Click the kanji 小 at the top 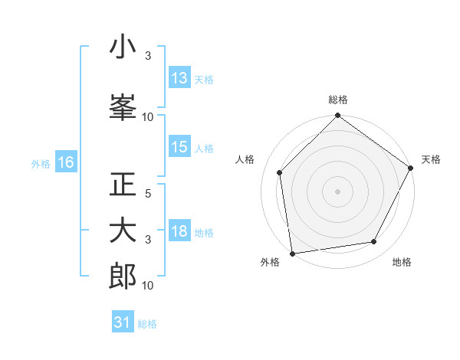[123, 47]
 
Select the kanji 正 [123, 185]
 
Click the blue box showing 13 [179, 78]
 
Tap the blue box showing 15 [179, 148]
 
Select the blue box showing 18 [179, 232]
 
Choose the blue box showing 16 [65, 162]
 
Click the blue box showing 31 [123, 322]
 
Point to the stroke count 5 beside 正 [148, 194]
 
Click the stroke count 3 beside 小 [148, 56]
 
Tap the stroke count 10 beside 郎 [148, 285]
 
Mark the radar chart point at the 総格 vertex [337, 116]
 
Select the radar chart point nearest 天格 [411, 169]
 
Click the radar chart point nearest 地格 [374, 242]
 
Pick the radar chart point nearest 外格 [292, 253]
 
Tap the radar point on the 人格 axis [280, 172]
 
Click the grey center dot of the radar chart [337, 191]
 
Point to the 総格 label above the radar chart [337, 100]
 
